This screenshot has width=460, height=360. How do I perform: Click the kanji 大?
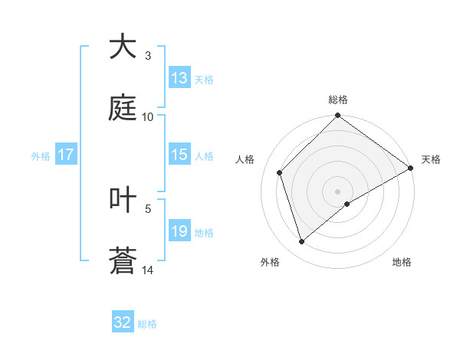[x=123, y=47]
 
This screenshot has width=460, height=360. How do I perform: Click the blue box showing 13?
[x=179, y=78]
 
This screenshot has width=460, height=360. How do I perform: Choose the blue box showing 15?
[x=179, y=155]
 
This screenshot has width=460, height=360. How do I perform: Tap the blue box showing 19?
[x=179, y=231]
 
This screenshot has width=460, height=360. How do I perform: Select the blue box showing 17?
[x=66, y=155]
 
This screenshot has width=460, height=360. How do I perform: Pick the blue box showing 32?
[x=123, y=322]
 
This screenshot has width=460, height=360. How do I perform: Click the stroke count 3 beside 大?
[x=148, y=56]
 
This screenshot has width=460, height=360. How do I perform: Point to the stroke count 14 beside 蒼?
[x=148, y=270]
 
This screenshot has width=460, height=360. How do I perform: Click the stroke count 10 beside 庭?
[x=148, y=116]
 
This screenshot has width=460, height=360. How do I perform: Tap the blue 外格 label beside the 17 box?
[x=41, y=155]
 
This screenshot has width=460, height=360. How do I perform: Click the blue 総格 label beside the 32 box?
[x=147, y=323]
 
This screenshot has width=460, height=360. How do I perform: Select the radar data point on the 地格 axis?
[x=347, y=204]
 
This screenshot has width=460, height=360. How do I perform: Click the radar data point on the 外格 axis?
[x=302, y=241]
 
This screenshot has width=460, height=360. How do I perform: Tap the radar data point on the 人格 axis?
[x=280, y=172]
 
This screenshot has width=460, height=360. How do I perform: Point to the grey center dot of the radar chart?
[x=338, y=191]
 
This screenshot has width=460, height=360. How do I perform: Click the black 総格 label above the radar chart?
[x=338, y=100]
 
